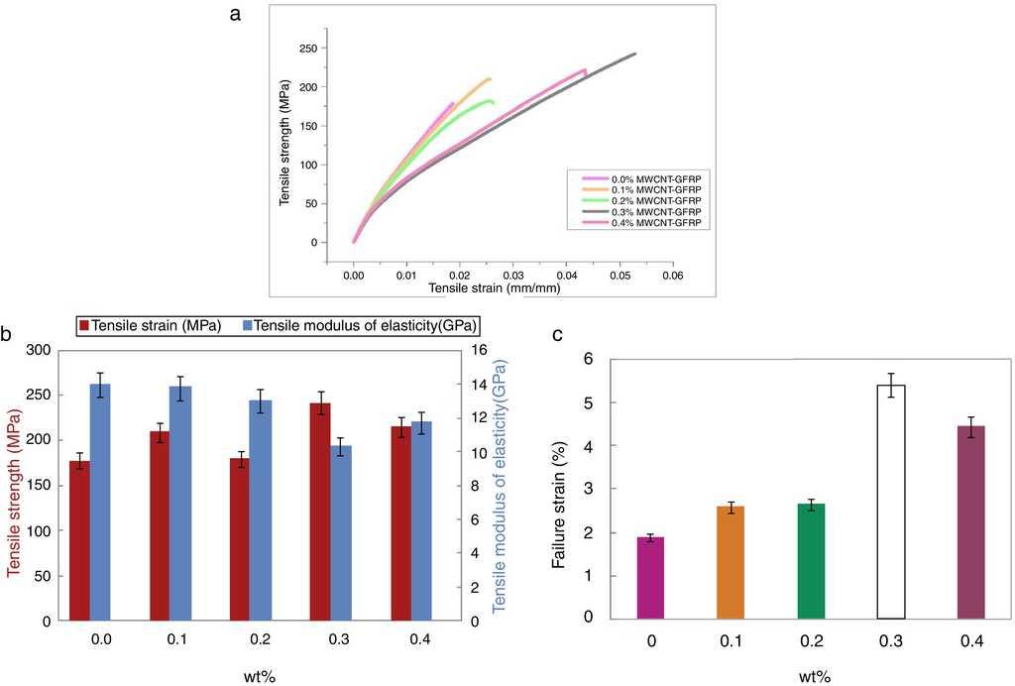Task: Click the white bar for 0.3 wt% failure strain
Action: click(x=897, y=502)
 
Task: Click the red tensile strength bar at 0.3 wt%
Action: click(x=320, y=512)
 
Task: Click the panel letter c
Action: click(x=558, y=334)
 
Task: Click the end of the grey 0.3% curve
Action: click(x=634, y=54)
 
